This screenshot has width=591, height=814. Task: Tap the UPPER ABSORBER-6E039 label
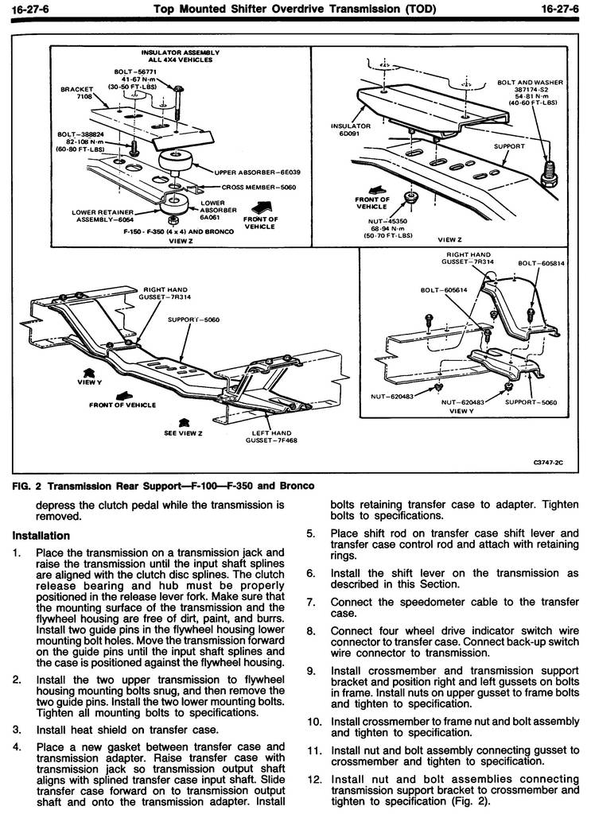(257, 172)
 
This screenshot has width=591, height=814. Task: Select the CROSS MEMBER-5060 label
(259, 187)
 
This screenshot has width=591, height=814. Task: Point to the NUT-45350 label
(387, 221)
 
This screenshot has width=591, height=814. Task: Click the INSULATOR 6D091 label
(351, 130)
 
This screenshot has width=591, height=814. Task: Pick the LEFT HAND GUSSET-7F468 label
(271, 436)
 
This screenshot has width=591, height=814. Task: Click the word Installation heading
(41, 535)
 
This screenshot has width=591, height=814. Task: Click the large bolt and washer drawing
(550, 172)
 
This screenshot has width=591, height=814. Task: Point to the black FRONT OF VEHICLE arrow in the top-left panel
(261, 208)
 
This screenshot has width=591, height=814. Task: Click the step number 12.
(314, 779)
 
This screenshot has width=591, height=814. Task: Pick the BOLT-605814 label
(541, 263)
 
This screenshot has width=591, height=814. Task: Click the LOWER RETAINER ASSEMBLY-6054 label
(103, 215)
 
